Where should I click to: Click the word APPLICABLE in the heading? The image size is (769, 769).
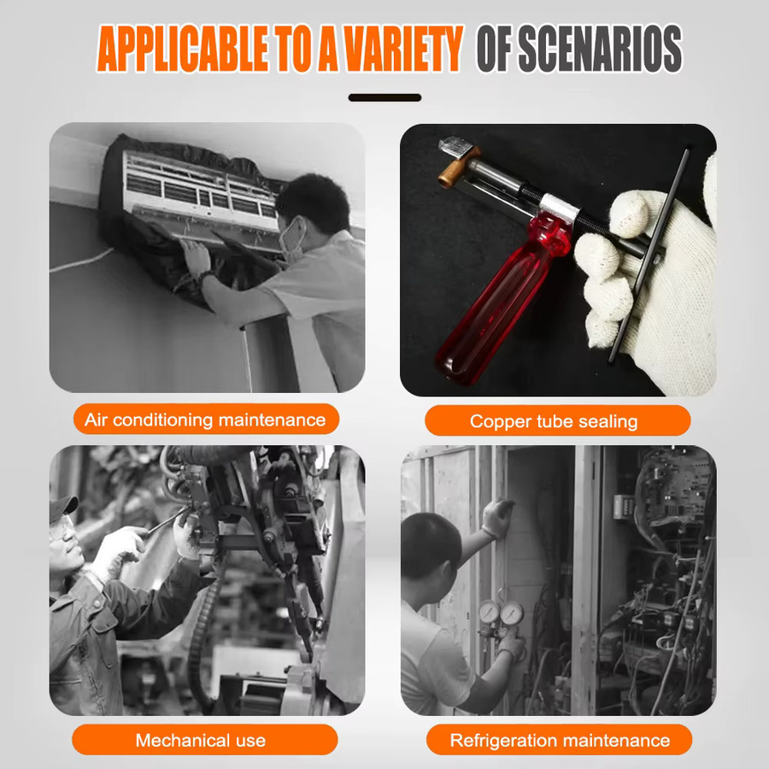[182, 48]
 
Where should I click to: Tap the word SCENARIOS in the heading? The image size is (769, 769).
[600, 48]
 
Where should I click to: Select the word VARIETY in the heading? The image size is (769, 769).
[403, 48]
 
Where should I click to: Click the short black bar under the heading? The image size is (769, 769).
[384, 97]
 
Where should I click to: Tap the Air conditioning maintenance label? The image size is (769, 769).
[206, 420]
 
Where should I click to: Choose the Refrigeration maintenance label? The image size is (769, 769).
[559, 740]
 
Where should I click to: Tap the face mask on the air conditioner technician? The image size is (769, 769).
[292, 239]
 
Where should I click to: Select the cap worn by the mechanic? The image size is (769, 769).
[62, 508]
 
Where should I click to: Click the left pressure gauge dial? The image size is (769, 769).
[489, 612]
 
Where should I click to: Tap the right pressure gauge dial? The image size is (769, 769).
[512, 613]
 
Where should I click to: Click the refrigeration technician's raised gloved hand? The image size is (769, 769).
[497, 518]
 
